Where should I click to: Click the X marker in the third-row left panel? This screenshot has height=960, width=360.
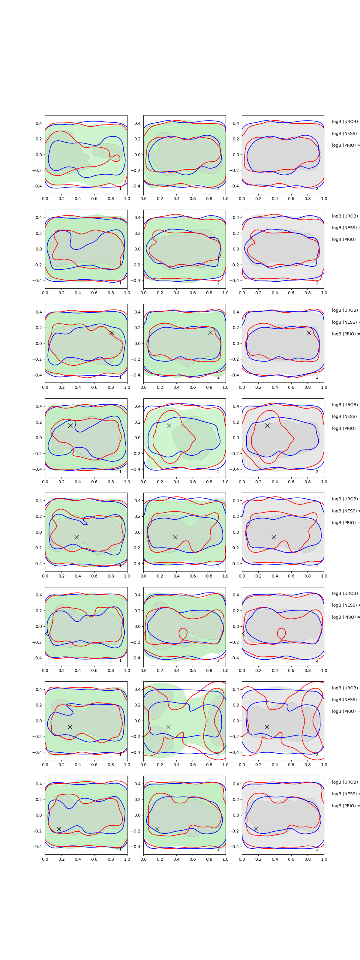point(111,333)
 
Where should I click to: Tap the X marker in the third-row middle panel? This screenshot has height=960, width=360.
point(210,333)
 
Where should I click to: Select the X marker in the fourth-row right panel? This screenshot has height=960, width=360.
point(267,425)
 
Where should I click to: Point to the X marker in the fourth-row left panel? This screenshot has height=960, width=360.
point(70,425)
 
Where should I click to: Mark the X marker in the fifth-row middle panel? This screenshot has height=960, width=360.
point(175,537)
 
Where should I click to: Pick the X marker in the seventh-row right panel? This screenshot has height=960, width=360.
point(267,727)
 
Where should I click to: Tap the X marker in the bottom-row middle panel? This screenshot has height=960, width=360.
point(157,829)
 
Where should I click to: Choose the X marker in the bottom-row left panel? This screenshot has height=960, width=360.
point(59,829)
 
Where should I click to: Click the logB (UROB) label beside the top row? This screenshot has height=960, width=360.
point(345,121)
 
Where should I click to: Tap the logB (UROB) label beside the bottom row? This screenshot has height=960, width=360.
point(345,782)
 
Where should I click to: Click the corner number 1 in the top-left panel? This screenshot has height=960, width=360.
point(120,189)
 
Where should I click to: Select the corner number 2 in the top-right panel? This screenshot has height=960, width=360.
point(317,189)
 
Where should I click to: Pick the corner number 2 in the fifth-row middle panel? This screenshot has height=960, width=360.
point(218,566)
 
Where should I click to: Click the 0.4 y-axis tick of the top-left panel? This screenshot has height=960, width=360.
point(39,123)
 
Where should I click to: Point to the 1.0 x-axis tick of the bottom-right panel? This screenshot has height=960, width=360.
point(324,859)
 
